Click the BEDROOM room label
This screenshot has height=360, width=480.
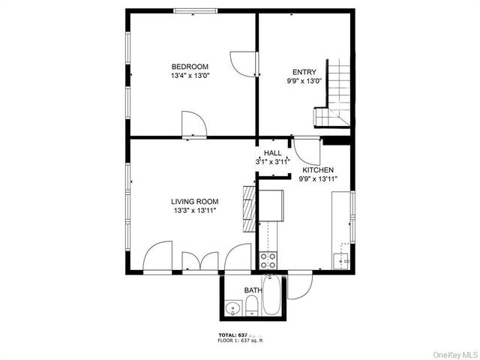point(190,66)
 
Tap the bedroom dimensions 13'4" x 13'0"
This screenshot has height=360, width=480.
point(190,76)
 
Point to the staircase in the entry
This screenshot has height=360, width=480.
point(334,94)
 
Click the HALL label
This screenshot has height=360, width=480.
point(272,152)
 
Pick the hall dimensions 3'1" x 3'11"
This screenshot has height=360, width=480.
point(272,161)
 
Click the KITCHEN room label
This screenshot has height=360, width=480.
point(318,170)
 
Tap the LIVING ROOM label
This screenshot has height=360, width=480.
point(194,201)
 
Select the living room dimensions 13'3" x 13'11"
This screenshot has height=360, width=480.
point(194,211)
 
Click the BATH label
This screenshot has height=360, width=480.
point(253,290)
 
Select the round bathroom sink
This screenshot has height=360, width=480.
point(233,307)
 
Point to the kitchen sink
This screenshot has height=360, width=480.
point(341,260)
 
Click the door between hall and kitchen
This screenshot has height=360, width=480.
point(306,151)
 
